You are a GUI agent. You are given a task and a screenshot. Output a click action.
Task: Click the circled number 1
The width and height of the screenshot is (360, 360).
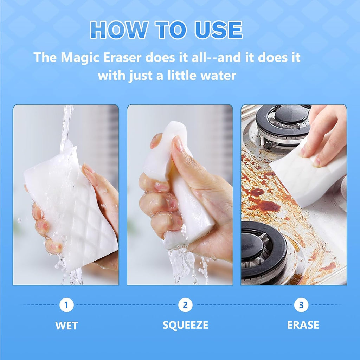(x=66, y=305)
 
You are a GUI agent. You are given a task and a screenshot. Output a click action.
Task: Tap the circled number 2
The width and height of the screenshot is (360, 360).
(x=185, y=305)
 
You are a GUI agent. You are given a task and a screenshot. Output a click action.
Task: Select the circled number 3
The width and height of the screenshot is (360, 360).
(x=301, y=305)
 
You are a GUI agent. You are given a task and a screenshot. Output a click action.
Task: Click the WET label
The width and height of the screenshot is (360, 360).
(x=66, y=326)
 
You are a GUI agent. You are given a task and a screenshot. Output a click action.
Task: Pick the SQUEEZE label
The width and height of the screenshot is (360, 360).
(x=185, y=325)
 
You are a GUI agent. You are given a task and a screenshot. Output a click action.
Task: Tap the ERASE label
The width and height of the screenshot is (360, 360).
(x=303, y=325)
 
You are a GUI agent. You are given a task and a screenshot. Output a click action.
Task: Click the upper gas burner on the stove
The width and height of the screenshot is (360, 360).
(x=283, y=121)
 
